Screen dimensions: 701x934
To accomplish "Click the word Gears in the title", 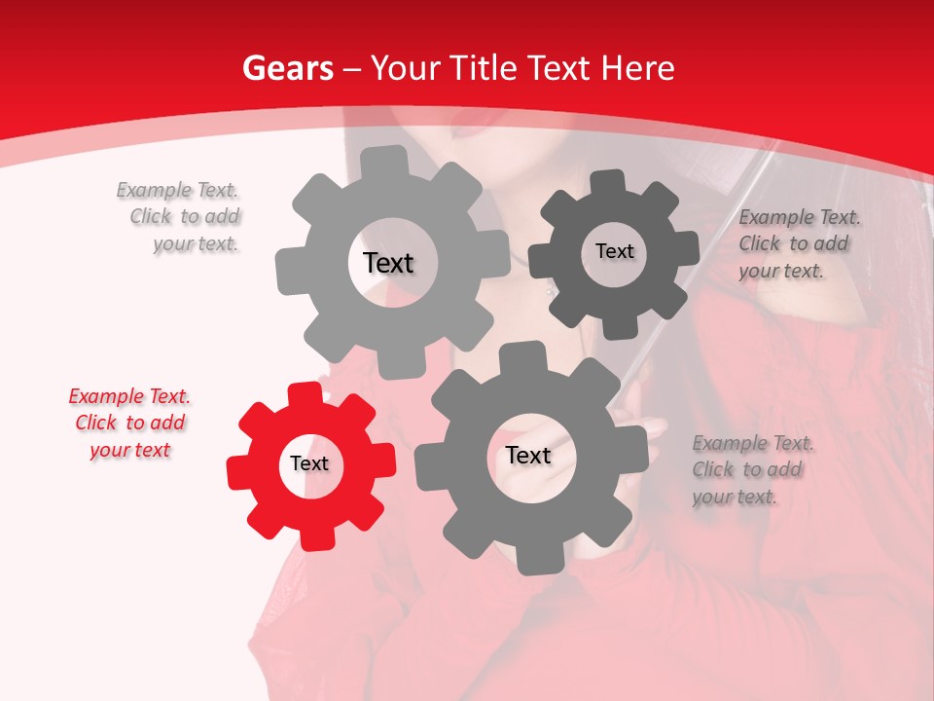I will click(x=287, y=68).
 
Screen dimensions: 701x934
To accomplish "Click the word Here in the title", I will click(x=638, y=68).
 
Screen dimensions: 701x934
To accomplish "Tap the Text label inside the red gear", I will click(x=309, y=464).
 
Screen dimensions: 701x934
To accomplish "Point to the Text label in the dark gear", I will click(x=614, y=251).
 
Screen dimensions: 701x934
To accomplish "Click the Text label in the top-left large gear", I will click(x=388, y=263).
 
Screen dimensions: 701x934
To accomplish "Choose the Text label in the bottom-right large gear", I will click(x=527, y=456).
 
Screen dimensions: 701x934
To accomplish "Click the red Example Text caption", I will click(x=129, y=424).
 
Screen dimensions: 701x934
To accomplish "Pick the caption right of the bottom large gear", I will click(x=751, y=470).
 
